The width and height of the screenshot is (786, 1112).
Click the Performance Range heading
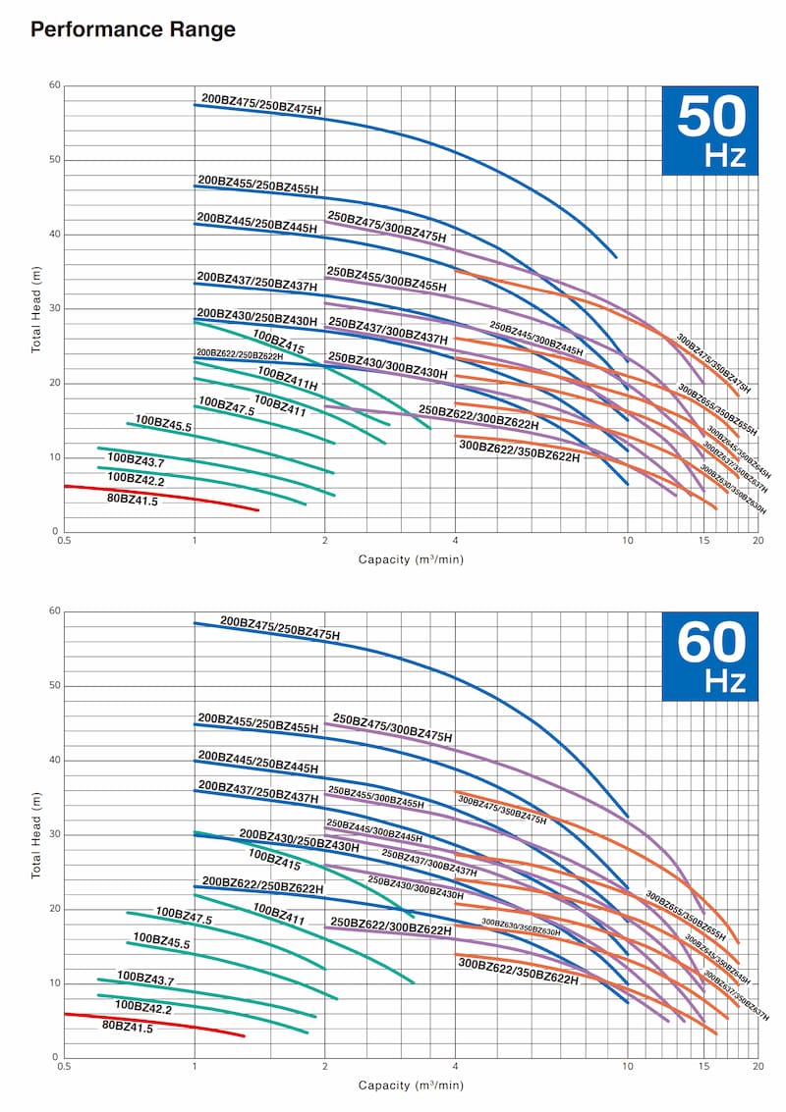click(x=134, y=29)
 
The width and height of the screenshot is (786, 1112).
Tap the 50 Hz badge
click(x=709, y=132)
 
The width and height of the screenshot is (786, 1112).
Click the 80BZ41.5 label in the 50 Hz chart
click(x=132, y=501)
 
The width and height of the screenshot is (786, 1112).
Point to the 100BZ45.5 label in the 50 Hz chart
click(x=163, y=423)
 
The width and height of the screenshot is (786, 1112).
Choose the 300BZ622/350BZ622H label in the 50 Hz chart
click(x=519, y=451)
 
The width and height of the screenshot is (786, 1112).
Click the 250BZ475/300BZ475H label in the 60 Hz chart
click(x=393, y=727)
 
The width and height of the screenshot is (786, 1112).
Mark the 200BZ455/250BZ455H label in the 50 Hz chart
click(x=257, y=185)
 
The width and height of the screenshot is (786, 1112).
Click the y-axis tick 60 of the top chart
click(x=55, y=86)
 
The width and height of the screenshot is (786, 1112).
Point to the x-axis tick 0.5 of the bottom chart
click(x=65, y=1066)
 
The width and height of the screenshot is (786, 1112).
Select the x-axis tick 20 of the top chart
click(x=757, y=541)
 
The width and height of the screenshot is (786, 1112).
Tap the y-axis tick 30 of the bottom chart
click(x=55, y=834)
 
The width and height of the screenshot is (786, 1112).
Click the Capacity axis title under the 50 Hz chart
click(x=410, y=559)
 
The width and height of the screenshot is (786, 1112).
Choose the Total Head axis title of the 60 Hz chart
click(x=36, y=834)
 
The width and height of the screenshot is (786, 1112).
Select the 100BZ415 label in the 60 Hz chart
click(x=274, y=861)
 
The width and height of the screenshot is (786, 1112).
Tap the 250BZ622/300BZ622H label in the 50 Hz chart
click(x=478, y=417)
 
